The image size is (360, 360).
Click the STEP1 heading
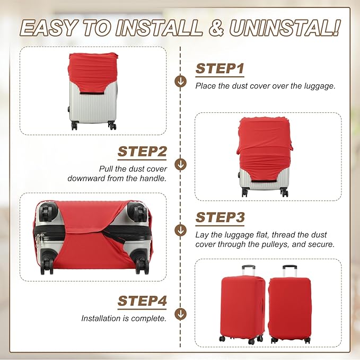pyautogui.click(x=219, y=68)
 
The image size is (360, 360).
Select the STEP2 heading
pyautogui.click(x=142, y=151)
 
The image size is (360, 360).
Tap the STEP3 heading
pyautogui.click(x=220, y=217)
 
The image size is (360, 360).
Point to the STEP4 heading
pyautogui.click(x=142, y=301)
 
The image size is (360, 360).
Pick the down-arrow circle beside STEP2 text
pyautogui.click(x=181, y=164)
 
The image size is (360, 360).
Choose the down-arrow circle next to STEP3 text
pyautogui.click(x=181, y=230)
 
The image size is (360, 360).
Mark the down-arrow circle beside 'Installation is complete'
pyautogui.click(x=181, y=314)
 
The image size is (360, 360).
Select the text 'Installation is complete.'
pyautogui.click(x=124, y=319)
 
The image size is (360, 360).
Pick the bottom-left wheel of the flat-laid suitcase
pyautogui.click(x=47, y=263)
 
